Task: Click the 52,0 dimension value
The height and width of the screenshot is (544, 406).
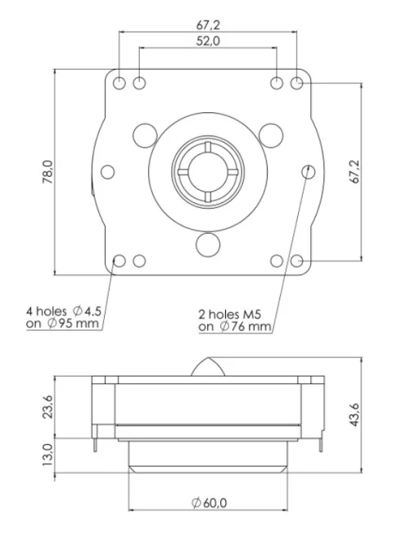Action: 207,42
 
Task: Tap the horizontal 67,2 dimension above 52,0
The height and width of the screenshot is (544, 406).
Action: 208,25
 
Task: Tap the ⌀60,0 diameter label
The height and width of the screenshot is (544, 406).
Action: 209,503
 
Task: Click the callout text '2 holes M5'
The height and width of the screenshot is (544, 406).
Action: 235,313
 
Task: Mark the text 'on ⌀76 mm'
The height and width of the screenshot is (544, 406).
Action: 234,327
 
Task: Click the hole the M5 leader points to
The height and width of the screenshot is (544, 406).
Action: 309,171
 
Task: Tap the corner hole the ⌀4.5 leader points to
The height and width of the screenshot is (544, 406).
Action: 120,261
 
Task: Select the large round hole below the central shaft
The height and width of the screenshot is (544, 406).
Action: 208,243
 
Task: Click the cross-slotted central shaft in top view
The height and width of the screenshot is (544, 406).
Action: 208,171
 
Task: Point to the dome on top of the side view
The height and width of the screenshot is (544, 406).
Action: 208,366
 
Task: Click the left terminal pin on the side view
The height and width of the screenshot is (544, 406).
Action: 97,442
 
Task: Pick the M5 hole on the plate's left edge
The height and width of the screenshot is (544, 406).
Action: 107,172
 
